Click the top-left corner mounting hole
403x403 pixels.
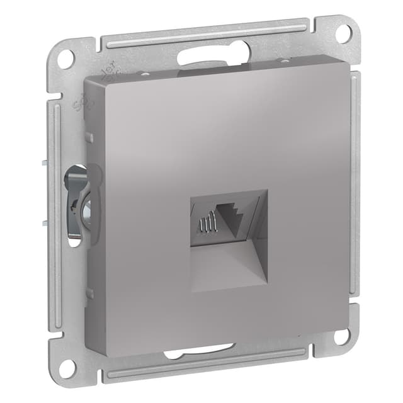tap(65, 57)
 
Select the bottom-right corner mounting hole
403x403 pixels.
tap(342, 336)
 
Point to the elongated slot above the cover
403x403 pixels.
tap(215, 55)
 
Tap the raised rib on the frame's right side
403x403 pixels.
tap(356, 189)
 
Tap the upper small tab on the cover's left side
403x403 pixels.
tap(90, 137)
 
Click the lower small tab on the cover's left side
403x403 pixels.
tap(90, 292)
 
